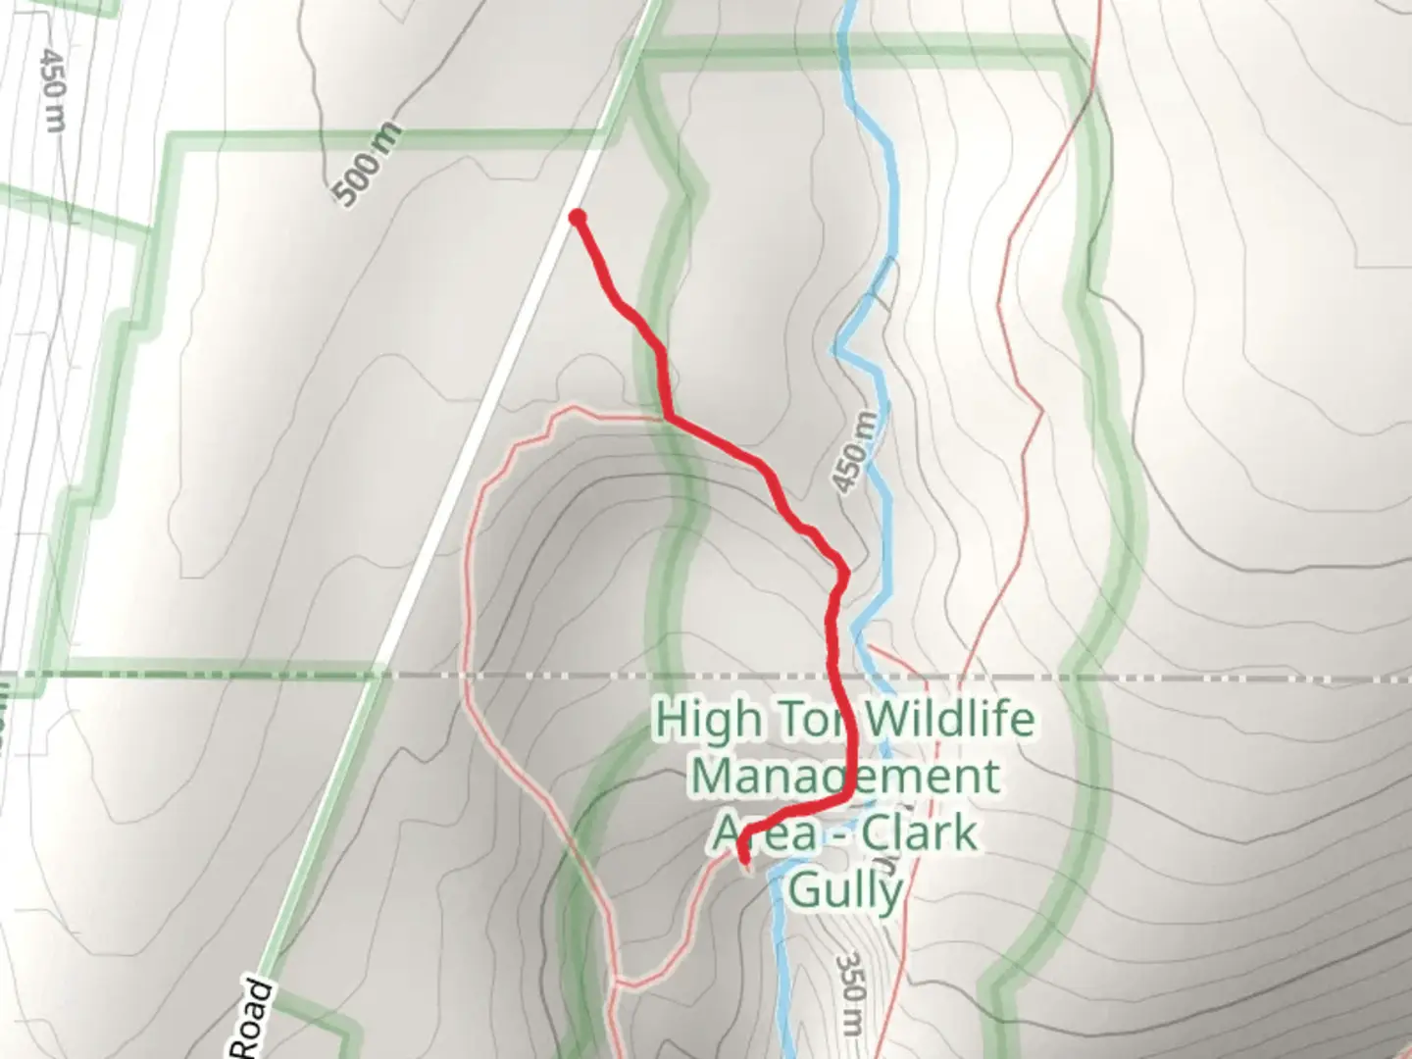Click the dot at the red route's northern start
(x=578, y=217)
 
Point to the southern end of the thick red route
(x=744, y=862)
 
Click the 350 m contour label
(x=852, y=991)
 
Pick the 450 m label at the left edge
(x=53, y=88)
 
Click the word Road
(x=253, y=1020)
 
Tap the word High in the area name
(x=707, y=719)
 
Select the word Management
(x=845, y=776)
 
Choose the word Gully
(x=845, y=891)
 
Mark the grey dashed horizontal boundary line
(x=1177, y=677)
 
